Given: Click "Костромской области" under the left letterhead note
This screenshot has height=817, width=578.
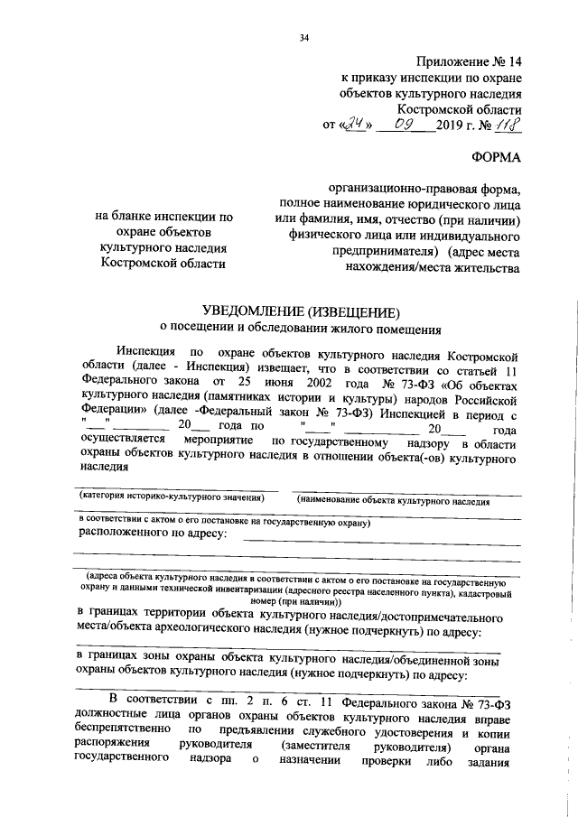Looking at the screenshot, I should [162, 264].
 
